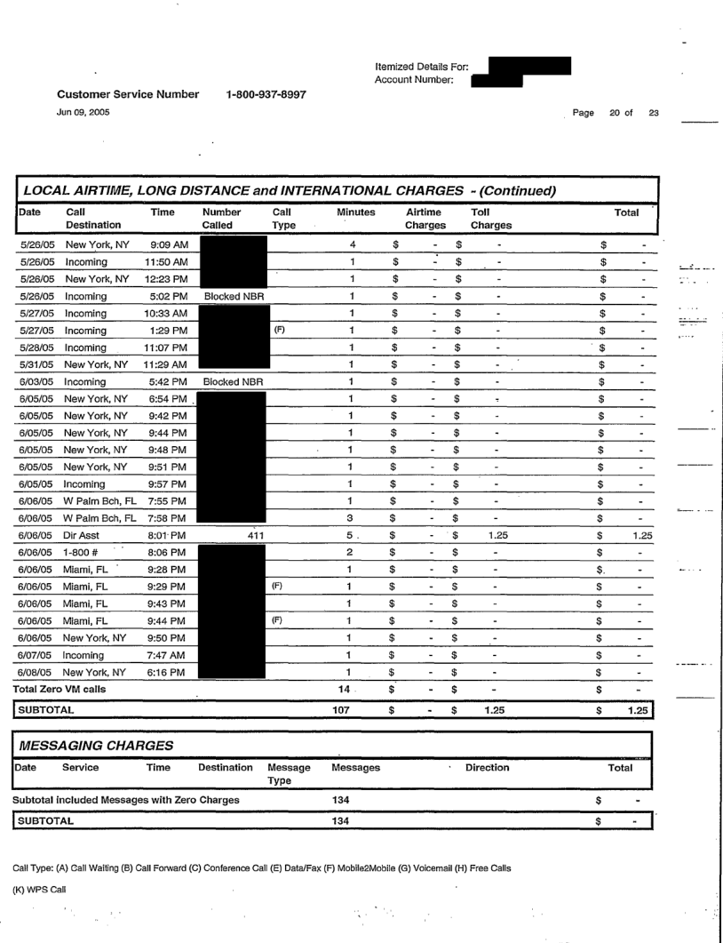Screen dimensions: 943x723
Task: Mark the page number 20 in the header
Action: [x=612, y=110]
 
